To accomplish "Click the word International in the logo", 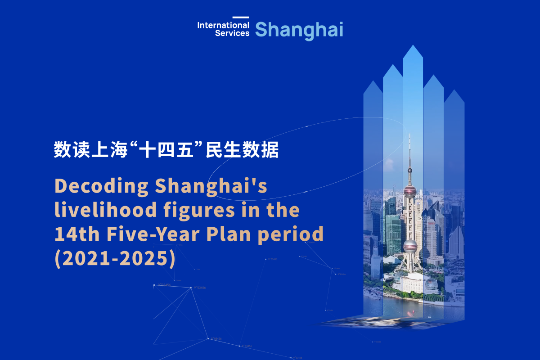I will pyautogui.click(x=223, y=25).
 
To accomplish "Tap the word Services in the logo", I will pyautogui.click(x=232, y=33).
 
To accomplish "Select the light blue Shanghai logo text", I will pyautogui.click(x=299, y=30).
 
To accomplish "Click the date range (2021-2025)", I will pyautogui.click(x=114, y=258).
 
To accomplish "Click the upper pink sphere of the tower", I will pyautogui.click(x=409, y=191).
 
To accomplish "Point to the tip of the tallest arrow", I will pyautogui.click(x=413, y=46).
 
